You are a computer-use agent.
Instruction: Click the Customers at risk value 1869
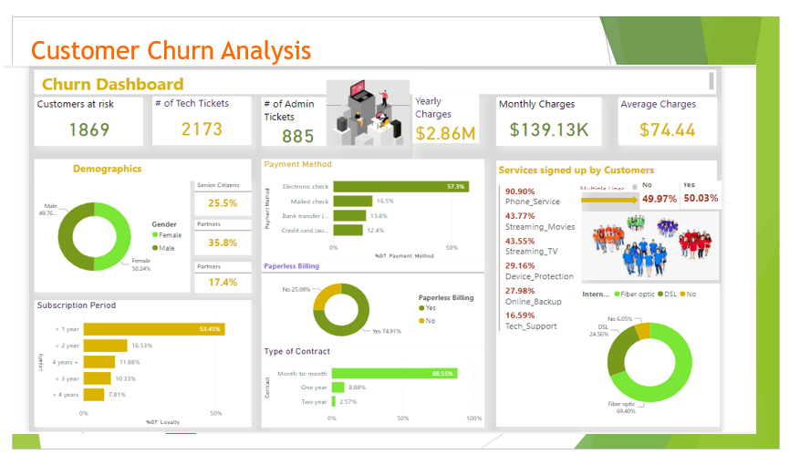[89, 129]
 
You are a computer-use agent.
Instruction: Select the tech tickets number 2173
[202, 129]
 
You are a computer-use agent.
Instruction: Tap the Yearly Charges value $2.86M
[446, 134]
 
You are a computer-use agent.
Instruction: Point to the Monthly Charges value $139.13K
[548, 129]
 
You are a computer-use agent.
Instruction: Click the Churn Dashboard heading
[112, 84]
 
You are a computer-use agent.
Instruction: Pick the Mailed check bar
[353, 201]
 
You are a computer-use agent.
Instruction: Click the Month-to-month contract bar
[394, 373]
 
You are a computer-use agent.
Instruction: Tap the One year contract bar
[338, 387]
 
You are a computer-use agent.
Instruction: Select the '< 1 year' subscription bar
[153, 329]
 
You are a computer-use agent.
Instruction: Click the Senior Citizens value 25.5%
[223, 203]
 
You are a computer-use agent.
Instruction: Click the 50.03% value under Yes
[701, 198]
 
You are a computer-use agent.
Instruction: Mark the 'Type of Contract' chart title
[296, 351]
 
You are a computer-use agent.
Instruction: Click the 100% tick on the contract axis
[473, 418]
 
